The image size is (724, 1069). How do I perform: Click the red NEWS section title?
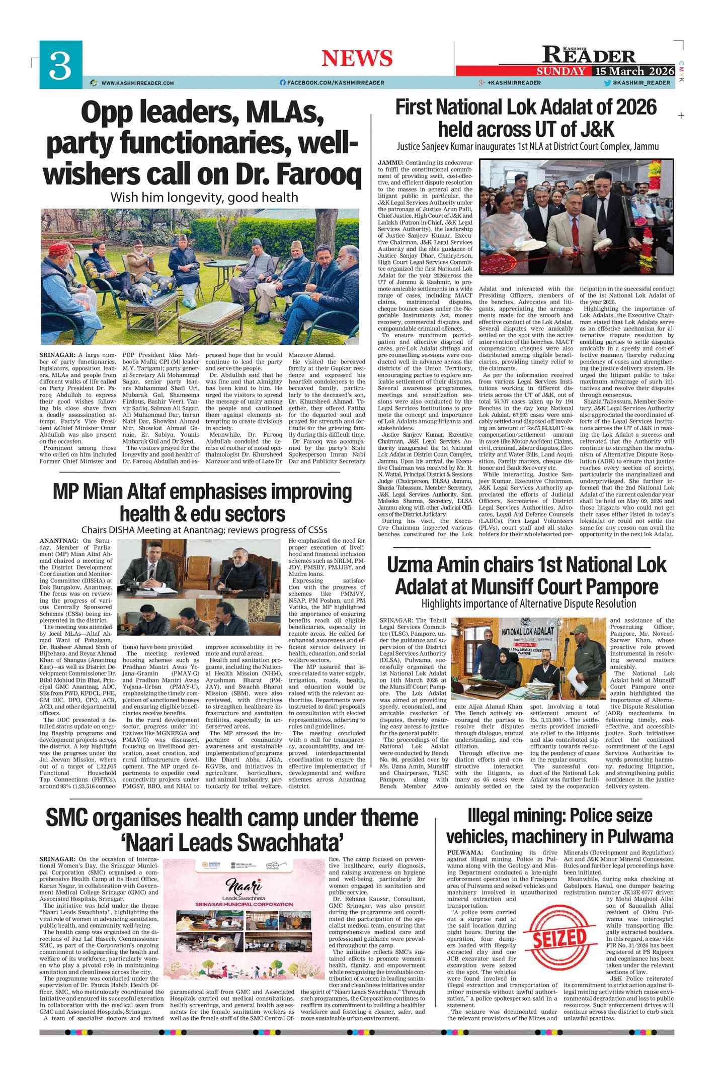click(x=357, y=58)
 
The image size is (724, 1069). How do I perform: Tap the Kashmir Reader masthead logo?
click(x=589, y=54)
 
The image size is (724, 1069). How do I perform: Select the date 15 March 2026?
click(x=634, y=71)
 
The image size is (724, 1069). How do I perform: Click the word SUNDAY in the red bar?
click(x=560, y=71)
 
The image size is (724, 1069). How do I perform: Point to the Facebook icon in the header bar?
click(x=283, y=83)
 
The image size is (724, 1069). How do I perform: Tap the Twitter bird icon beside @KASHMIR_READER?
click(x=607, y=83)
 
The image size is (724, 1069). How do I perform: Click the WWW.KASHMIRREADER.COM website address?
click(x=137, y=83)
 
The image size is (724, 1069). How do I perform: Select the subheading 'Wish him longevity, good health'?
click(x=204, y=198)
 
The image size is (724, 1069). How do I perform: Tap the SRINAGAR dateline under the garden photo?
click(x=57, y=355)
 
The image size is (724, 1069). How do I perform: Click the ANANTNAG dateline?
click(x=58, y=541)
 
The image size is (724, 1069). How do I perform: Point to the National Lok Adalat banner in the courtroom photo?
click(x=528, y=631)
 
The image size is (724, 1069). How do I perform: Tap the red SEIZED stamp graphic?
click(x=559, y=938)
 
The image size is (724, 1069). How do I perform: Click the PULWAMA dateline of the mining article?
click(x=465, y=853)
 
